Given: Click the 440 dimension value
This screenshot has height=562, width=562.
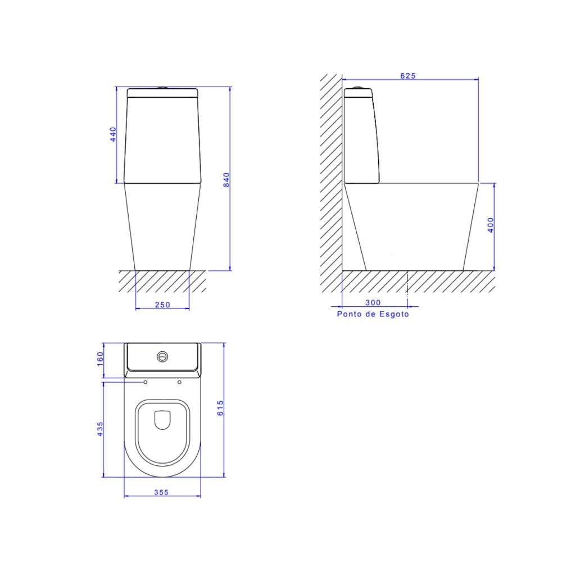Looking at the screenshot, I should coord(113,135).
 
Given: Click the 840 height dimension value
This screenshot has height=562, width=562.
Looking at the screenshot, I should coord(226,179).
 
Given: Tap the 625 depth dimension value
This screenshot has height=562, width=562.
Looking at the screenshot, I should coord(408,76).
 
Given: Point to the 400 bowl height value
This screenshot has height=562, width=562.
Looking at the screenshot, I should coord(491,225).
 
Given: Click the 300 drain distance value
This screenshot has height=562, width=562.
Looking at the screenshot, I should coord(373,302).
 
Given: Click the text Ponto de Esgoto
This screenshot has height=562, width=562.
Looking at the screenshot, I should coord(373,314).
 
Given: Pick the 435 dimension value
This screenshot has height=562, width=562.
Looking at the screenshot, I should coord(100,429).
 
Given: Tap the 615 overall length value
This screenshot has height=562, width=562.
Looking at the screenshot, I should coord(220,408).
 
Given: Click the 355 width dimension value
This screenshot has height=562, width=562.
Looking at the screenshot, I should coord(161,492).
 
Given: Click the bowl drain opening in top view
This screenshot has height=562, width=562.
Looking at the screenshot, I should coord(162,420).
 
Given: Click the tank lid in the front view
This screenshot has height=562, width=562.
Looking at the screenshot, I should coord(162,93).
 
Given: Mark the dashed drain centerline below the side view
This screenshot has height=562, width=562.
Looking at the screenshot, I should coord(407,284).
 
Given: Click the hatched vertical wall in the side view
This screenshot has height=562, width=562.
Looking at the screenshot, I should coord(330,169).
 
